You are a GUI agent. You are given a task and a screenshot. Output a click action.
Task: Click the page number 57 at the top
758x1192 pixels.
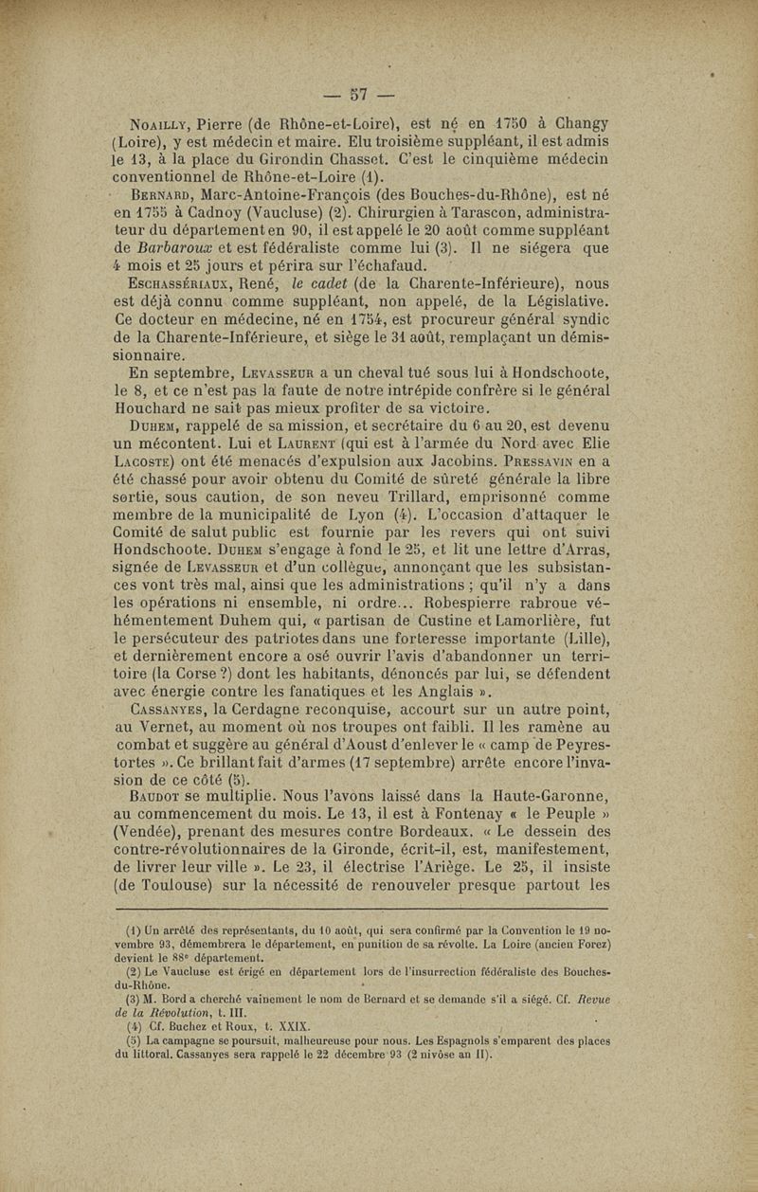point(358,93)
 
